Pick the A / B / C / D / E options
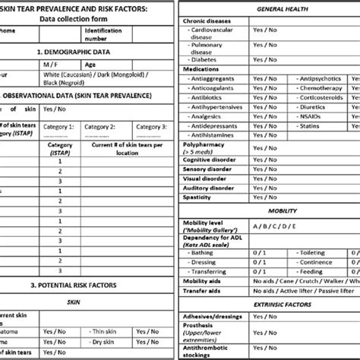tap(276, 226)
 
